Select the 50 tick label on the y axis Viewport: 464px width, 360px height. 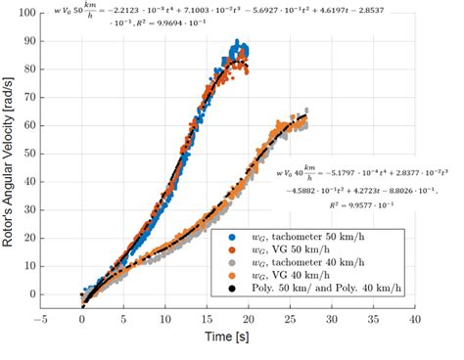27,154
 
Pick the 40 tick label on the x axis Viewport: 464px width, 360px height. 415,320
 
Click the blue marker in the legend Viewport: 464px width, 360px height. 231,237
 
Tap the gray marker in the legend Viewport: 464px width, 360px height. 231,264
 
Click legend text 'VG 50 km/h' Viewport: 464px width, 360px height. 295,250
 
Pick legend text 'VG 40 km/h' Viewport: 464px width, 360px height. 295,279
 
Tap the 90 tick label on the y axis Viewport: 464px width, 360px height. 27,42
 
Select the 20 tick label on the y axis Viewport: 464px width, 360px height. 27,238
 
